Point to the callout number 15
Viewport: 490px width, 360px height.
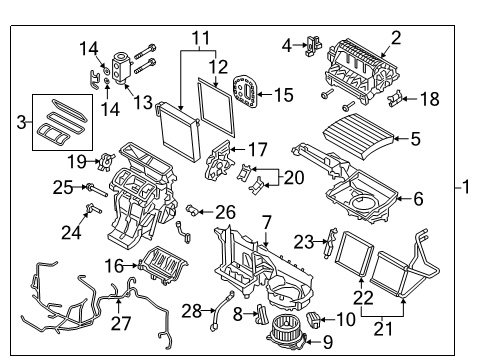[284, 96]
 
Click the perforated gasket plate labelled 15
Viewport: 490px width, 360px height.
[245, 93]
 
